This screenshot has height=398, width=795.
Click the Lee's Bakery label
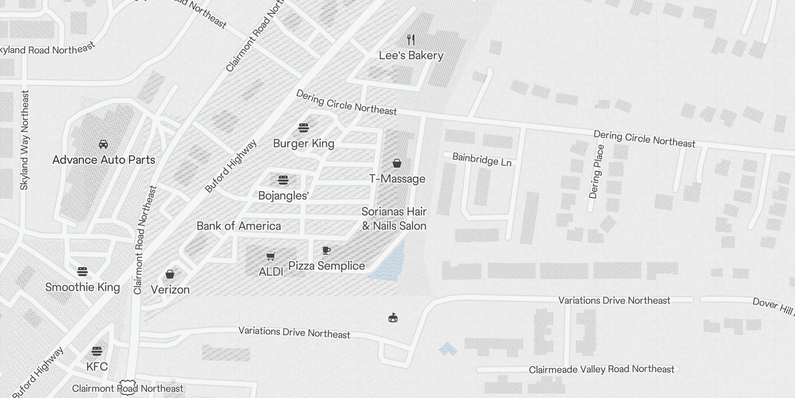pos(411,56)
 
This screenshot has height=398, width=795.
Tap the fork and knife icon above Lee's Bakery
pos(411,39)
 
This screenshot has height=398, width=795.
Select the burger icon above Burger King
pos(304,128)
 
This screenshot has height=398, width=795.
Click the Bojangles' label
pos(283,196)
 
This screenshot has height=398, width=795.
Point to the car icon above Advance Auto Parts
pos(103,144)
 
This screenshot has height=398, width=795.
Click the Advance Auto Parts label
pos(104,160)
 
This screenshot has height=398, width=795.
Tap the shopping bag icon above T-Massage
pos(397,163)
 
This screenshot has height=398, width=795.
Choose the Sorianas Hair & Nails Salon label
pos(394,219)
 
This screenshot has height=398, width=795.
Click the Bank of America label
pos(238,226)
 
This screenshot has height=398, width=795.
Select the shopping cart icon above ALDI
pos(271,257)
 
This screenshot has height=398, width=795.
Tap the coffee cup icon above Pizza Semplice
pos(326,250)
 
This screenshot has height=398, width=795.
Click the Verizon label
pos(170,290)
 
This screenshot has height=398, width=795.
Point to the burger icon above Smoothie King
pos(82,272)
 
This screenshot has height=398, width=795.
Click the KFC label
pos(97,367)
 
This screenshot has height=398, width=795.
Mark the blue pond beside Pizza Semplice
pos(390,261)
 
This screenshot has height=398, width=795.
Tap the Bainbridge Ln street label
pos(481,160)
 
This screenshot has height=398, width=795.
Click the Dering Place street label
pos(596,172)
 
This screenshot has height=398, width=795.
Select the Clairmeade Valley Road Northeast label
pos(601,369)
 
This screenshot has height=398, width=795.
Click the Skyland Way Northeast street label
pos(25,140)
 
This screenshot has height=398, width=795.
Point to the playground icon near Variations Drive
pos(393,317)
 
